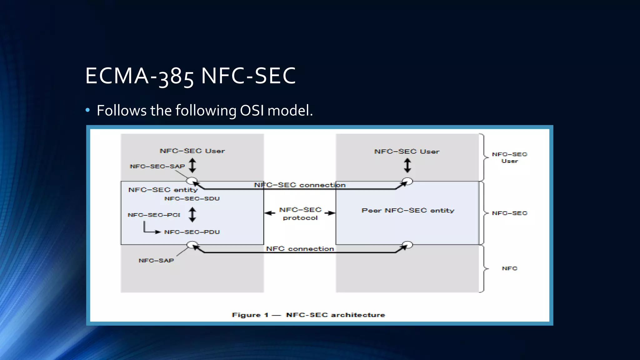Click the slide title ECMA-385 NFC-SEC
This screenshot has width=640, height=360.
tap(190, 76)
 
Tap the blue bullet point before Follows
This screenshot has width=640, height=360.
tap(88, 110)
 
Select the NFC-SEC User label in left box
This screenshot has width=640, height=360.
tap(192, 151)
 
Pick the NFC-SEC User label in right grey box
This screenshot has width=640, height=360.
tap(407, 152)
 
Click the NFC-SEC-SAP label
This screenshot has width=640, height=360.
tap(157, 167)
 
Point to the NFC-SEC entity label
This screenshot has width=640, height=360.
tap(163, 190)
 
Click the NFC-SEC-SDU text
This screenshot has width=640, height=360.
tap(192, 199)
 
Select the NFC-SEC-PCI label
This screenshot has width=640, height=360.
tap(154, 215)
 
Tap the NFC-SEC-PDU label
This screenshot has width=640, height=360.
tap(192, 232)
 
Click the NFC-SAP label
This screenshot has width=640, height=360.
tap(156, 261)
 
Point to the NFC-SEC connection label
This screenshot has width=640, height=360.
tap(300, 185)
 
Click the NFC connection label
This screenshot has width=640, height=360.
tap(300, 249)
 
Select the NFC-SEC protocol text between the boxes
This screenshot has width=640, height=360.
tap(300, 214)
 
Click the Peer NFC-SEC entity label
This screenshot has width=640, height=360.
tap(408, 211)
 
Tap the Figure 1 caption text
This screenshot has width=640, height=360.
tap(308, 315)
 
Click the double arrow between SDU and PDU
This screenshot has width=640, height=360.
tap(192, 215)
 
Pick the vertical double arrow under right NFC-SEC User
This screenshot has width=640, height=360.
tap(407, 165)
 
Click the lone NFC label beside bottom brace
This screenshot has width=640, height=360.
tap(509, 268)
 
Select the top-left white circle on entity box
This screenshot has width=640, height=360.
tap(192, 181)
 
